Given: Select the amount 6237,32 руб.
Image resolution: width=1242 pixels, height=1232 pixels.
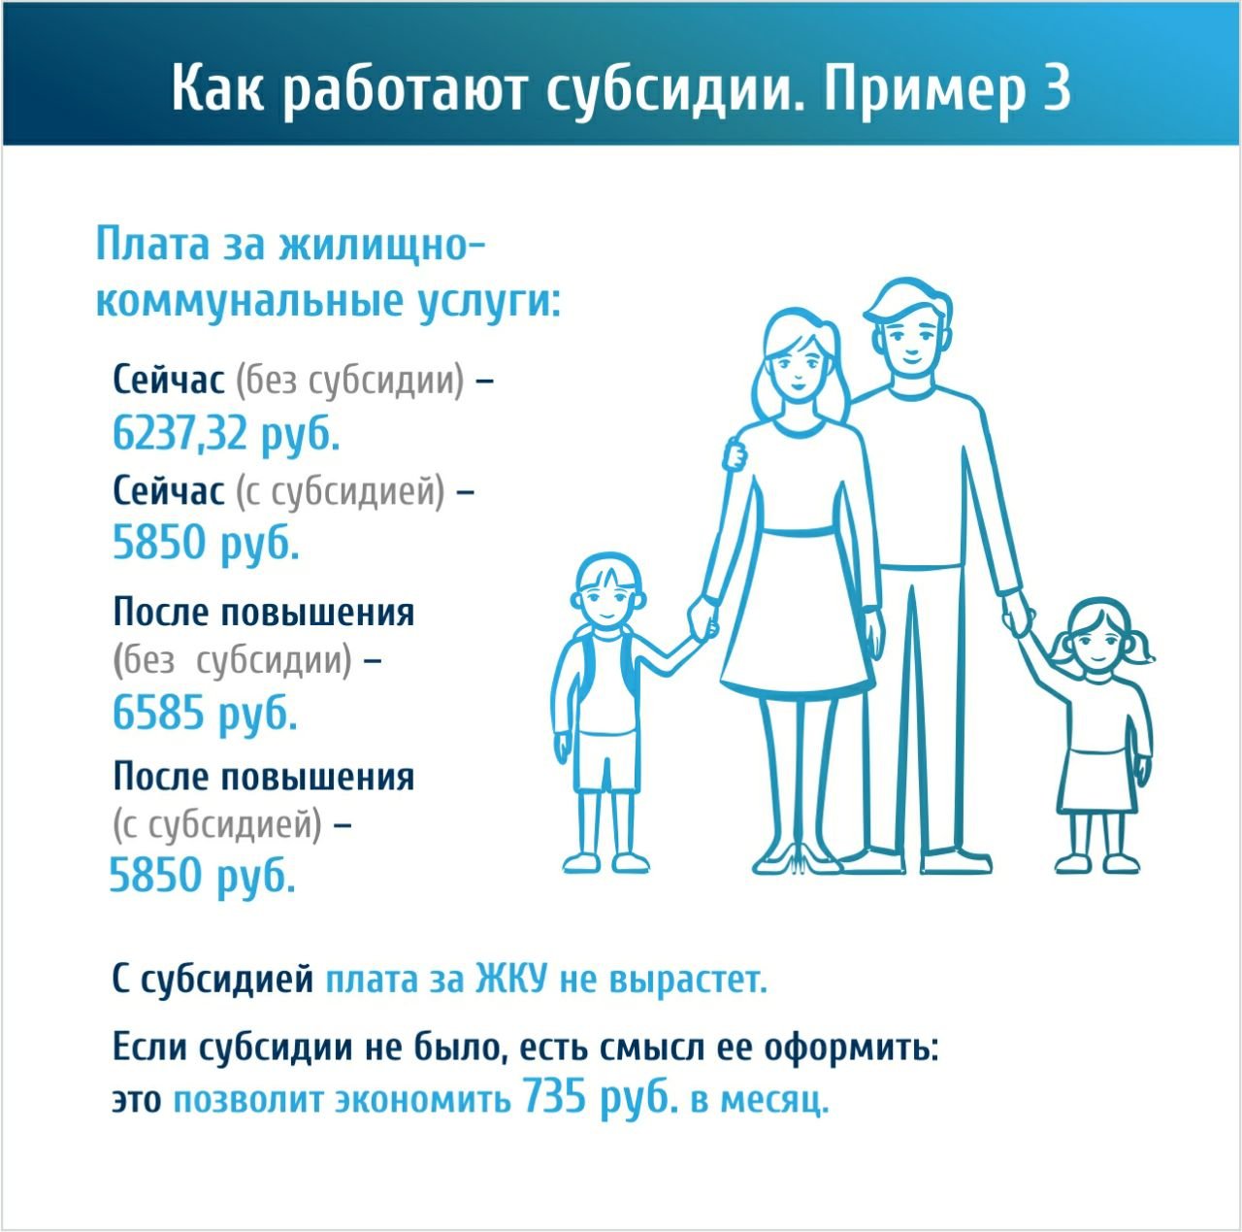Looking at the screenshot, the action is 225,434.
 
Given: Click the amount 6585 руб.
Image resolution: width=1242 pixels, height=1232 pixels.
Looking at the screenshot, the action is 205,713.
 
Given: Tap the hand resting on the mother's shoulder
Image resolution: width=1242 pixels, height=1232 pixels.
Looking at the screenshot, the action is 735,452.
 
